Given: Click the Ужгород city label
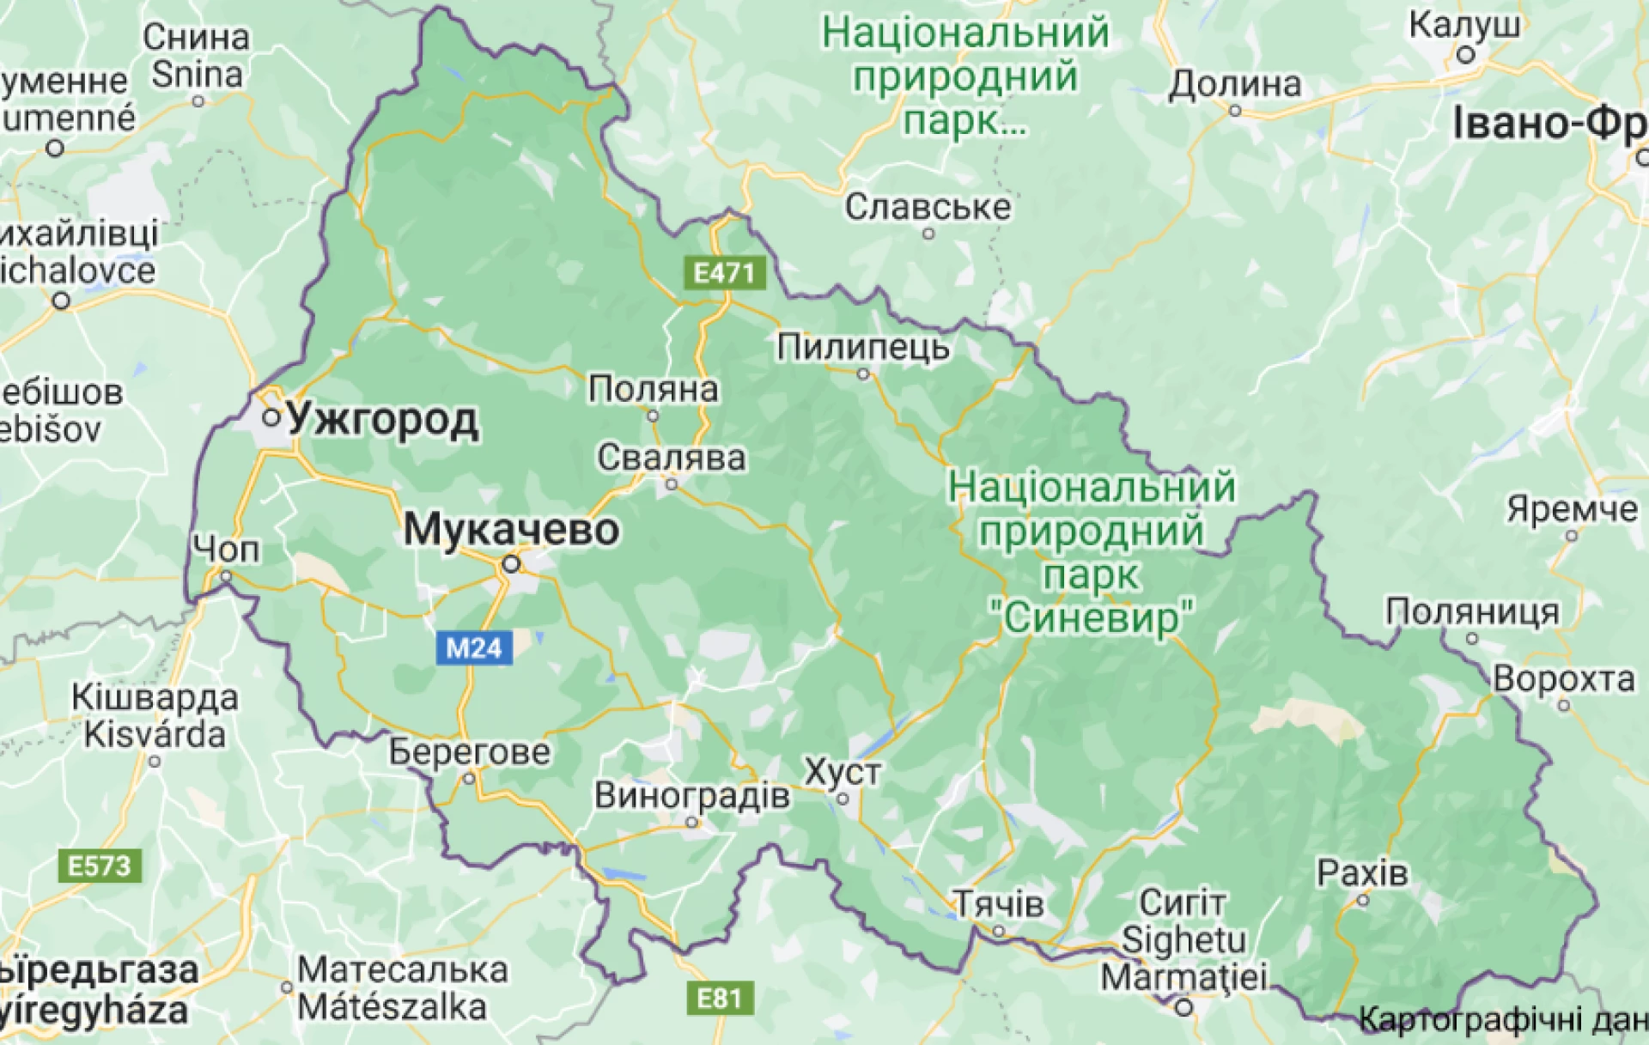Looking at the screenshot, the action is [x=382, y=421].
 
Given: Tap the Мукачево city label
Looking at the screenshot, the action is [x=511, y=529].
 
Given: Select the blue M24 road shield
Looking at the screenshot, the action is [x=474, y=647].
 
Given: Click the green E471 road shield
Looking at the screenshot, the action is [x=723, y=273].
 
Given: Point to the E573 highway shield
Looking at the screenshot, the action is [x=100, y=866].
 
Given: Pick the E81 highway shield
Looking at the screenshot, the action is [x=719, y=998].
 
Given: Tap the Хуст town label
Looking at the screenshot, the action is [x=843, y=772].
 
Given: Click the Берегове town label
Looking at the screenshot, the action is [x=469, y=752].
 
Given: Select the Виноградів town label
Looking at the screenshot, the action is [x=691, y=795].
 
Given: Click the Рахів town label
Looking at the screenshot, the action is [x=1362, y=873].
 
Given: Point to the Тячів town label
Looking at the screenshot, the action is [x=1000, y=903].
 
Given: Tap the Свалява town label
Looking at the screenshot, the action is [x=672, y=458].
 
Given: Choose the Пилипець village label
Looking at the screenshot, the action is [x=863, y=347].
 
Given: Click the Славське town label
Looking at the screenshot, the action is [x=928, y=207].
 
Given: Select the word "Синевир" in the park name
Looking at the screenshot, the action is [x=1092, y=617].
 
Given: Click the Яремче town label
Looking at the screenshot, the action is [x=1572, y=509].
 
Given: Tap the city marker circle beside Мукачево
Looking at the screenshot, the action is [x=512, y=564].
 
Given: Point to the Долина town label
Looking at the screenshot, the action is [x=1234, y=84].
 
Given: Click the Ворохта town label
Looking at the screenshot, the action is [x=1564, y=678].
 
